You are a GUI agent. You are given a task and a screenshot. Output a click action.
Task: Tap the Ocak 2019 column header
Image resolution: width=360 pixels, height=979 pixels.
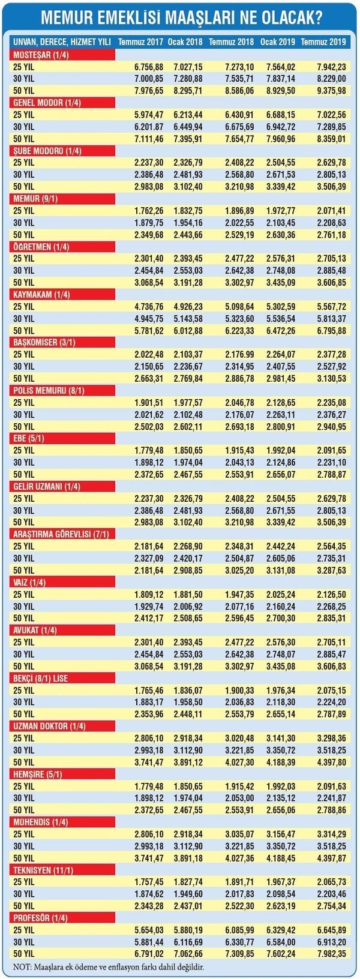pyautogui.click(x=278, y=42)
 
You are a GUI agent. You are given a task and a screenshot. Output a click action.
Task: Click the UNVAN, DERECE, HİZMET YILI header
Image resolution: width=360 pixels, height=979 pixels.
pyautogui.click(x=61, y=42)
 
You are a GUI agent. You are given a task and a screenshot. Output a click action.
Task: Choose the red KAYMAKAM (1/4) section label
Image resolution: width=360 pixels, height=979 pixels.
pyautogui.click(x=41, y=294)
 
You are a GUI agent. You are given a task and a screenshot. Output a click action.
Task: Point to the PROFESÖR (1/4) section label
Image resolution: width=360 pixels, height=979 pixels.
pyautogui.click(x=41, y=918)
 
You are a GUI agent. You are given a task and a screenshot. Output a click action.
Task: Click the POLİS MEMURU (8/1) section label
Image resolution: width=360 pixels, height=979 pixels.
pyautogui.click(x=49, y=390)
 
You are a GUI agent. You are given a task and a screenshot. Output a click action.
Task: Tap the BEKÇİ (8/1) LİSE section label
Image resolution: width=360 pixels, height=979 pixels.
pyautogui.click(x=41, y=678)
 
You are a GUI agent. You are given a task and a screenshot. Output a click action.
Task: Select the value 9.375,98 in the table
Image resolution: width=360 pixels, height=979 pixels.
pyautogui.click(x=331, y=91)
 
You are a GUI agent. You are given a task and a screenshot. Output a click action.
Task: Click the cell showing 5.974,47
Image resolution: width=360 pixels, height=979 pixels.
pyautogui.click(x=149, y=115)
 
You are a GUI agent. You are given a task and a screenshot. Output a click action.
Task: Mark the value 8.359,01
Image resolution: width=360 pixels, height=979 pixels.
pyautogui.click(x=331, y=139)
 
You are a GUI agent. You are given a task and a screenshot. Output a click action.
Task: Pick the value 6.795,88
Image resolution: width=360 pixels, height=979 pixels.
pyautogui.click(x=331, y=331)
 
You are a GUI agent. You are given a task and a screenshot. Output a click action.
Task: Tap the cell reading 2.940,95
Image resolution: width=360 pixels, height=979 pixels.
pyautogui.click(x=331, y=427)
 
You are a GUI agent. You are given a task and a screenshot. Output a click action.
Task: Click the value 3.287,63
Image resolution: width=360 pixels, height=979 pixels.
pyautogui.click(x=331, y=570)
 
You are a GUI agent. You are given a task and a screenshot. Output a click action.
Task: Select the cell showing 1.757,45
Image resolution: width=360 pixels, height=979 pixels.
pyautogui.click(x=149, y=882)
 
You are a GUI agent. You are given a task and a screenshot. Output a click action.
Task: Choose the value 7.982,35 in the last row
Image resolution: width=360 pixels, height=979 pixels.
pyautogui.click(x=331, y=954)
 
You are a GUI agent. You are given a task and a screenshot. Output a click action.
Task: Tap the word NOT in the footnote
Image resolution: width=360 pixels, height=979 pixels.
pyautogui.click(x=21, y=967)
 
